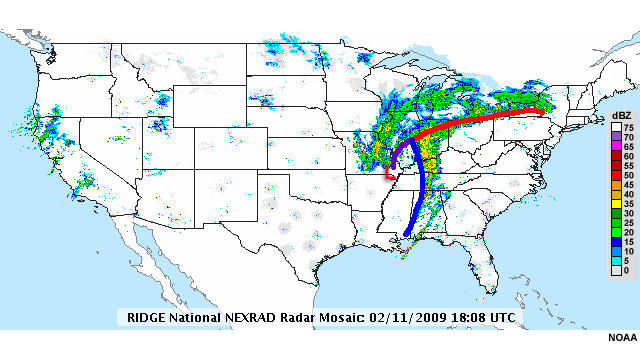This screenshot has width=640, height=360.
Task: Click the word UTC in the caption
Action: click(499, 317)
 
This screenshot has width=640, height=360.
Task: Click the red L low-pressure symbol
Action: click(389, 174)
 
